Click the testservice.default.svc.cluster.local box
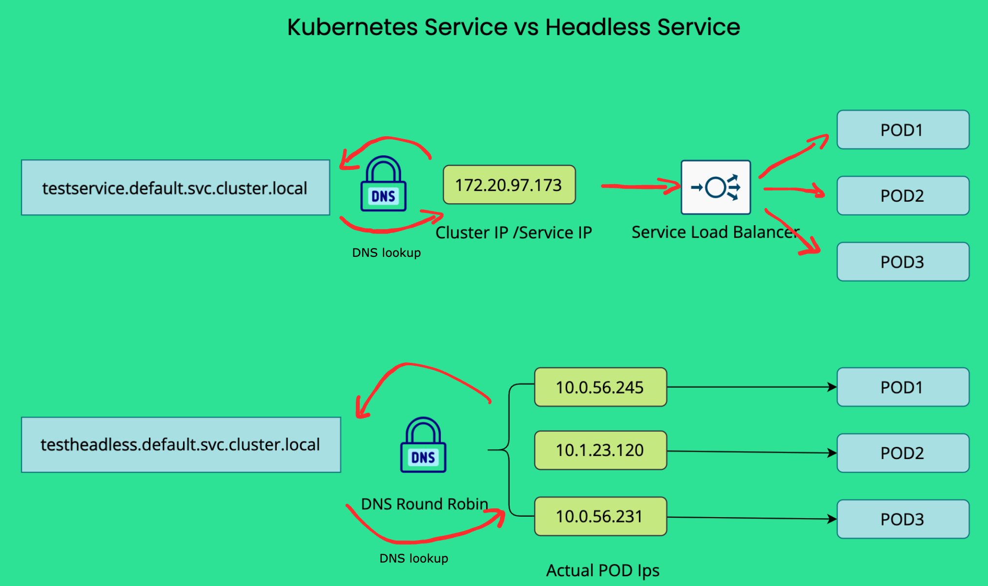[x=175, y=188]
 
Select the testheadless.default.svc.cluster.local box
[x=181, y=444]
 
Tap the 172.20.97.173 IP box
[x=509, y=185]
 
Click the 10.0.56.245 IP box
[x=600, y=387]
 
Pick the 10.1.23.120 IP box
[x=600, y=450]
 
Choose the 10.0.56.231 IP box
[x=600, y=516]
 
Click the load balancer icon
[x=716, y=187]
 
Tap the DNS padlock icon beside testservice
[x=383, y=184]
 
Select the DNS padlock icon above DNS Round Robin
[x=423, y=445]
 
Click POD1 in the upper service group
[x=903, y=130]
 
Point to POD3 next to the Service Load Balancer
[x=903, y=262]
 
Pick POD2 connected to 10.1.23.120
[x=903, y=453]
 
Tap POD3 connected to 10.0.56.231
[x=903, y=519]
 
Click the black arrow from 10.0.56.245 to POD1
[x=752, y=387]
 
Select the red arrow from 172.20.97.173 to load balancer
[x=639, y=186]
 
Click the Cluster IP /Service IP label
[x=514, y=232]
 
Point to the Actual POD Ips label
[x=602, y=570]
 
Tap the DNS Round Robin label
[x=424, y=503]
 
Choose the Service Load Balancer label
[x=715, y=232]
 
